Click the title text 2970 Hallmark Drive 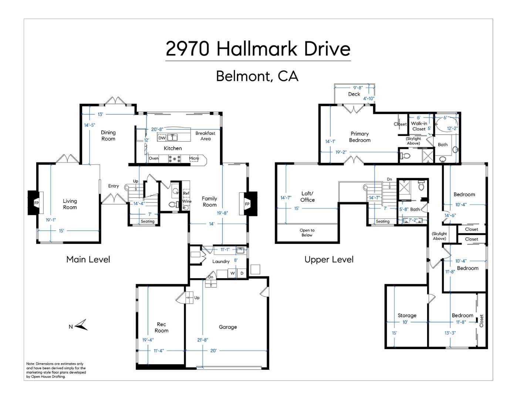[x=258, y=49]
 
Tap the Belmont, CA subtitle [x=257, y=76]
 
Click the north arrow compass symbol [x=82, y=325]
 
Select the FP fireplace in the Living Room [x=36, y=203]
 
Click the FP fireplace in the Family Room [x=247, y=204]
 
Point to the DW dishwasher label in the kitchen [x=162, y=138]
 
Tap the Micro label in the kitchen [x=194, y=158]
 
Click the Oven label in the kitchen [x=153, y=158]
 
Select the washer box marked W [x=233, y=273]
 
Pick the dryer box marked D [x=242, y=273]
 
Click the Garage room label [x=228, y=327]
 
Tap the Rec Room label [x=161, y=327]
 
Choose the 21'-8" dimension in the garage [x=203, y=340]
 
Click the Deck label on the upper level [x=354, y=94]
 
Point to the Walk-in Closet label [x=419, y=126]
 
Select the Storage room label [x=407, y=316]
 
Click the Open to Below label [x=307, y=232]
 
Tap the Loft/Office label [x=307, y=197]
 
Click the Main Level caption [x=88, y=259]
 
